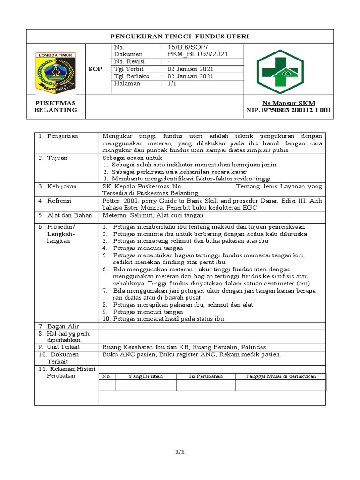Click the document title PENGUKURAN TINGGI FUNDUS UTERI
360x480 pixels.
(x=180, y=36)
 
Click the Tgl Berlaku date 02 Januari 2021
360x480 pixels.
(x=187, y=76)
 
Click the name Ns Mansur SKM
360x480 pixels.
(x=289, y=103)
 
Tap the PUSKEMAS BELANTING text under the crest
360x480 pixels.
(x=55, y=106)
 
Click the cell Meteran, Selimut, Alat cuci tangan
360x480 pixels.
(x=152, y=215)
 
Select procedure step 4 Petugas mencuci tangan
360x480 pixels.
(x=148, y=247)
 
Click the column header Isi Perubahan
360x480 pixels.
(x=205, y=376)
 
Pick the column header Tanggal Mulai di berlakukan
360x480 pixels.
(x=281, y=376)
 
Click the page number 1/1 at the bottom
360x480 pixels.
(x=180, y=451)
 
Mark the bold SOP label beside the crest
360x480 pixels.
(x=95, y=69)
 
